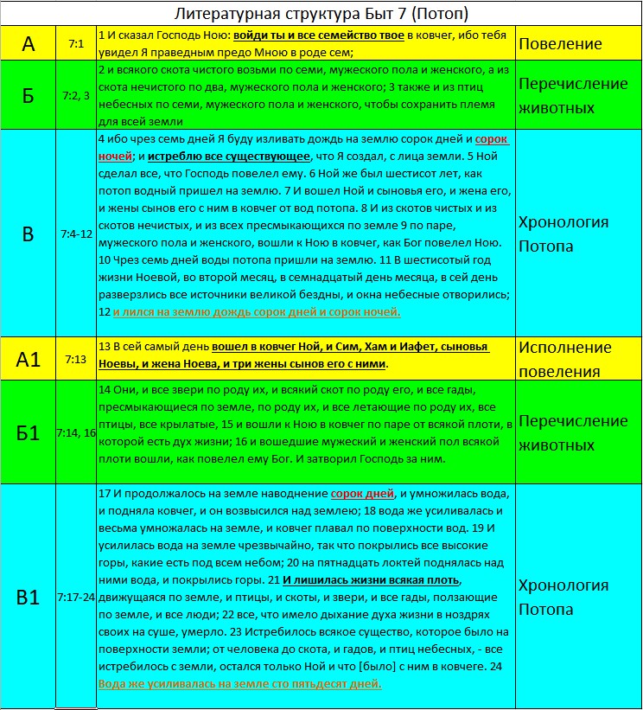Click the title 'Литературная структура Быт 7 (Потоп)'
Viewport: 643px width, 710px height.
[321, 14]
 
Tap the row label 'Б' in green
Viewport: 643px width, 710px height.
[29, 95]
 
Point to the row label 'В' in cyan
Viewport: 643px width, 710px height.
[29, 233]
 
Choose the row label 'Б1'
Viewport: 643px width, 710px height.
[29, 432]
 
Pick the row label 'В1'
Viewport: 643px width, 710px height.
[29, 597]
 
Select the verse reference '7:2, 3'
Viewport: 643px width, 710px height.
[75, 96]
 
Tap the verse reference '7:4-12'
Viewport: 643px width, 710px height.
[75, 233]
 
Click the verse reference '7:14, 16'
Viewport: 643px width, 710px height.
[76, 432]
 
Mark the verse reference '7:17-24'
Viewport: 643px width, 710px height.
[76, 597]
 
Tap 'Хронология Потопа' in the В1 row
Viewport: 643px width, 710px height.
[563, 597]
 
